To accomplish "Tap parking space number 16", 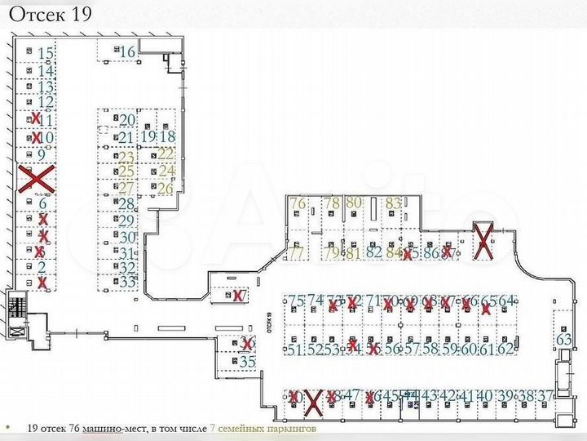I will tap(126, 52).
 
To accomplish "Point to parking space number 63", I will tap(563, 339).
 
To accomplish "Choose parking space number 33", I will tap(127, 283).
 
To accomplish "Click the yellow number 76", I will tap(297, 203).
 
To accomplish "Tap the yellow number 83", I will tap(394, 203).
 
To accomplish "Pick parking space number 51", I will tap(294, 350).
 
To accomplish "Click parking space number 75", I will tap(296, 301).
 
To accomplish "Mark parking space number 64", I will tap(507, 301).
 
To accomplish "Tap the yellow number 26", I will tap(166, 189).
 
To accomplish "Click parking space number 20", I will tap(127, 121).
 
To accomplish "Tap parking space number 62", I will tap(506, 350).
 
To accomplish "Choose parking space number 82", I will tap(374, 252).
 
